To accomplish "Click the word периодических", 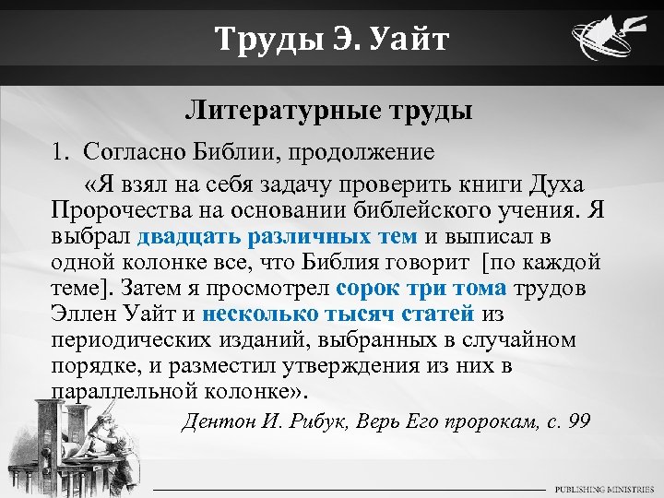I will [138, 339].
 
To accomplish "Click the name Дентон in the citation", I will [219, 421].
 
